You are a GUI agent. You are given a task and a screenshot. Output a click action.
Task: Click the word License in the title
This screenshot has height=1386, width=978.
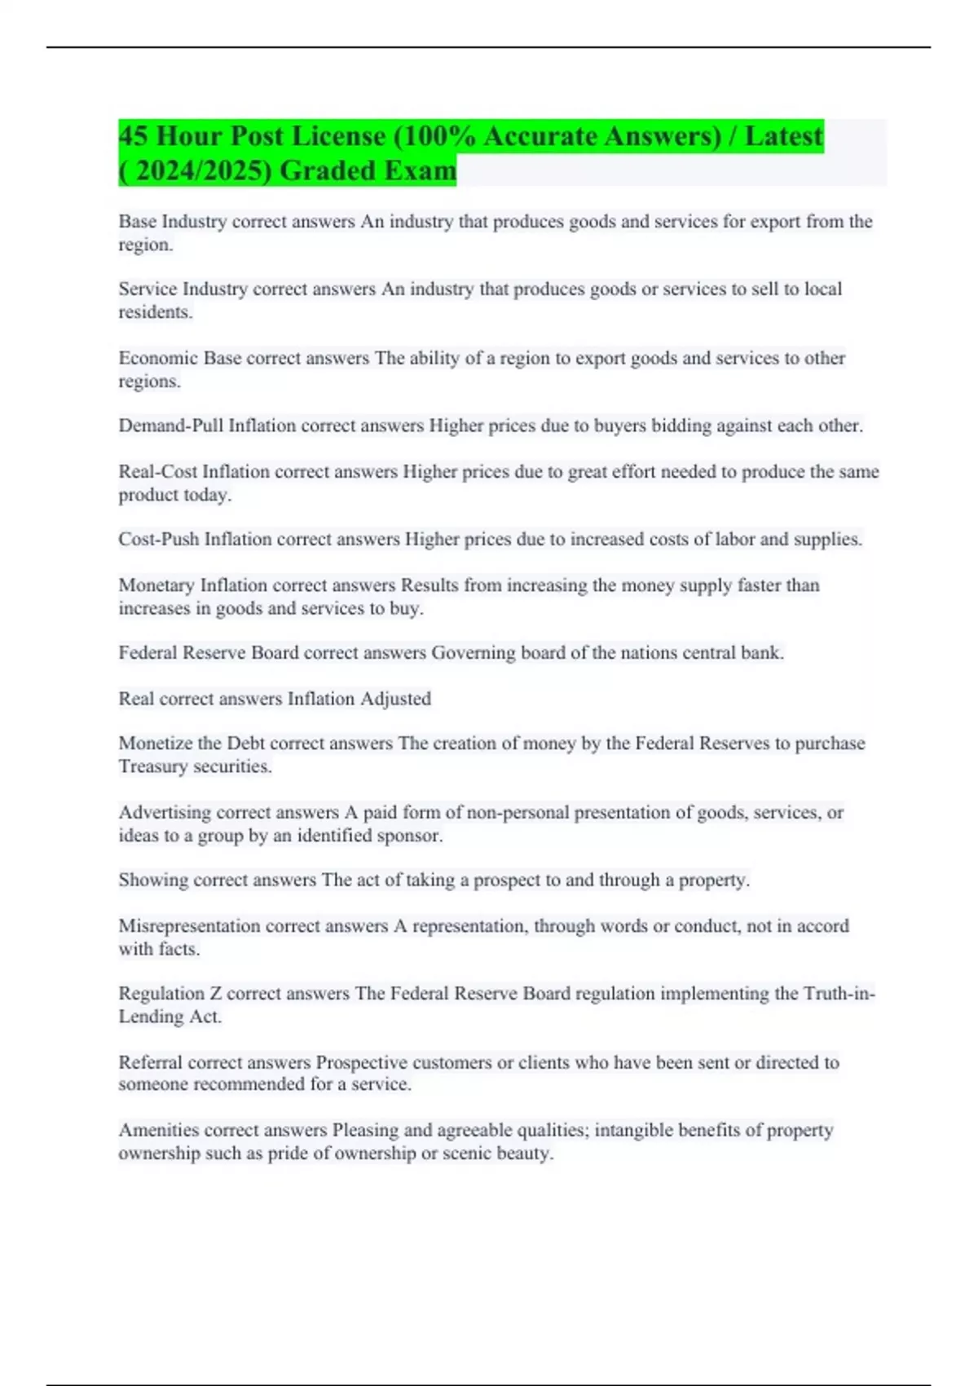click(x=330, y=135)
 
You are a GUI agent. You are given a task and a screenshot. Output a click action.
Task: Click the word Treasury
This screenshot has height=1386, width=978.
click(x=152, y=766)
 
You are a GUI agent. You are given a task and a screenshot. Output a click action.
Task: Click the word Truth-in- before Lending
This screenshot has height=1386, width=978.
click(x=839, y=993)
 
